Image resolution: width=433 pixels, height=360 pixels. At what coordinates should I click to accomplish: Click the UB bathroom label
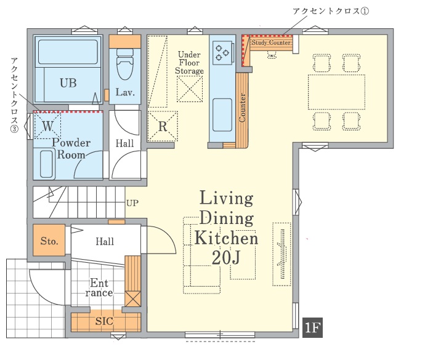coord(68,82)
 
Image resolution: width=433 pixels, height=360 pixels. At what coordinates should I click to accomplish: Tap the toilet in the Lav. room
coord(125,64)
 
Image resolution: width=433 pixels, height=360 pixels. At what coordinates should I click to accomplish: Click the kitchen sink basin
coord(222,114)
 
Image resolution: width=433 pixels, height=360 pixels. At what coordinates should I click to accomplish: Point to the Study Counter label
coord(270,42)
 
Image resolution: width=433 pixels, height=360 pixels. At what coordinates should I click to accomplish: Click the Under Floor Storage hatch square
coord(190,89)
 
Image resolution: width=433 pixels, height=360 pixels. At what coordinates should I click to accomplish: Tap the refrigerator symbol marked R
coord(163,126)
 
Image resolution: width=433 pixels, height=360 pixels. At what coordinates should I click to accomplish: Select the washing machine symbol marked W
coord(47,126)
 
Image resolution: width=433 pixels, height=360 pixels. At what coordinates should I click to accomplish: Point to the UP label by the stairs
coord(132,203)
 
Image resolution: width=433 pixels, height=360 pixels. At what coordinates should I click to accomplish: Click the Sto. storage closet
coord(49,240)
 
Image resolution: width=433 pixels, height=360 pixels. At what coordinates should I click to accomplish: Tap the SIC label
coord(104,321)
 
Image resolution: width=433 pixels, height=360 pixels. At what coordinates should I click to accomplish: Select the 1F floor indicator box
coord(313,328)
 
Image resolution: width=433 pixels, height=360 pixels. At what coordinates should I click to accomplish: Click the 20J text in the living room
coord(226,258)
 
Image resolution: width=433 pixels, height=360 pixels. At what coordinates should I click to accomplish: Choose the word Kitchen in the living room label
coord(226,238)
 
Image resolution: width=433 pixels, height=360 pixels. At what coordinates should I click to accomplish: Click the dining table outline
coord(336,92)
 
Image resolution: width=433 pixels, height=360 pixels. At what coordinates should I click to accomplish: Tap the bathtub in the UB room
coord(68,52)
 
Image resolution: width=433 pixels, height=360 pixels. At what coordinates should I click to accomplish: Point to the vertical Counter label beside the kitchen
coord(242,108)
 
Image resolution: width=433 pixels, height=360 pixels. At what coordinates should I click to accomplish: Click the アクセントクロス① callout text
coord(331,11)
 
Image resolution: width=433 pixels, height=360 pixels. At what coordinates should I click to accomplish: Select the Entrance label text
coord(99,287)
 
